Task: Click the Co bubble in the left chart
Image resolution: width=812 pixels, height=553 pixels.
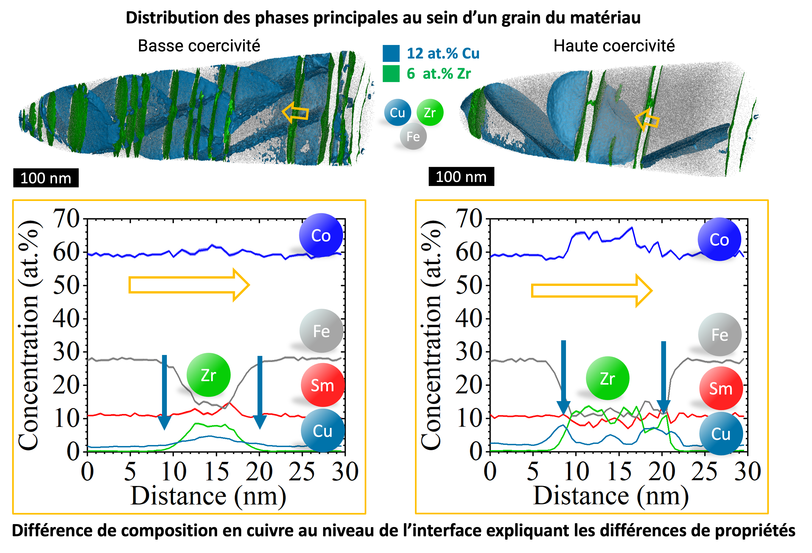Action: (321, 235)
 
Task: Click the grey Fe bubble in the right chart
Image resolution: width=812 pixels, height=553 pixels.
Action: (720, 334)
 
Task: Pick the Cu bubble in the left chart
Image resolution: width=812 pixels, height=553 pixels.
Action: (322, 431)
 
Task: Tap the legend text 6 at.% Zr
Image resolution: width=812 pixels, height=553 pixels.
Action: (439, 74)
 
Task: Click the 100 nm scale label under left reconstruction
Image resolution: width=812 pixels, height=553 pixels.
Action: (46, 178)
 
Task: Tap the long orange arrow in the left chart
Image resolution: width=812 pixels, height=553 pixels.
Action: (189, 285)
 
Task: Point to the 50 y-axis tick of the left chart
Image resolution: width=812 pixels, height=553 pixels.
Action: (66, 285)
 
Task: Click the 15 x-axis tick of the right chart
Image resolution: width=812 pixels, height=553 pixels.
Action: (619, 471)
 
